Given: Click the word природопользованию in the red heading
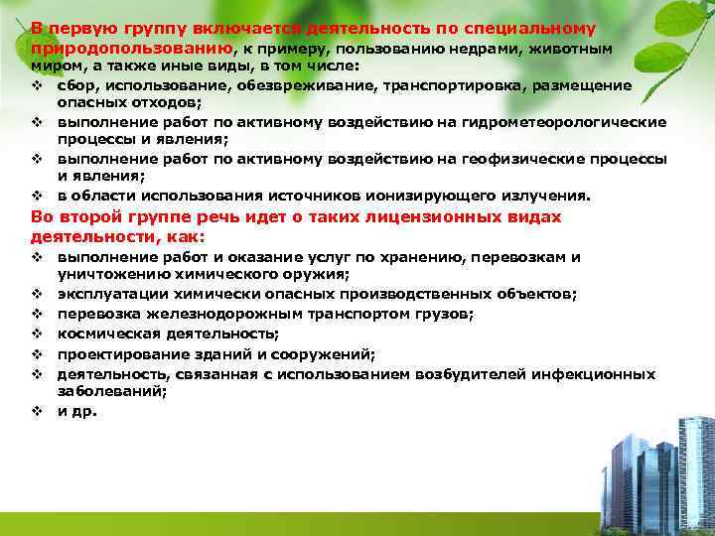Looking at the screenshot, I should click(132, 48).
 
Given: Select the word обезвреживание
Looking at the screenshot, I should click(259, 85).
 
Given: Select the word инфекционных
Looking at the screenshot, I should click(593, 374).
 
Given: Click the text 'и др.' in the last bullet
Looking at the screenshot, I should click(76, 411).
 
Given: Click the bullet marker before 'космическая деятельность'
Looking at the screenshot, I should click(35, 334).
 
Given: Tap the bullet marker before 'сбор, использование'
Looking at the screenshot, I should click(35, 85).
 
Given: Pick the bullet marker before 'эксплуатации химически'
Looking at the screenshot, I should click(35, 294).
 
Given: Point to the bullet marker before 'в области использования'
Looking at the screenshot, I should click(35, 196).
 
